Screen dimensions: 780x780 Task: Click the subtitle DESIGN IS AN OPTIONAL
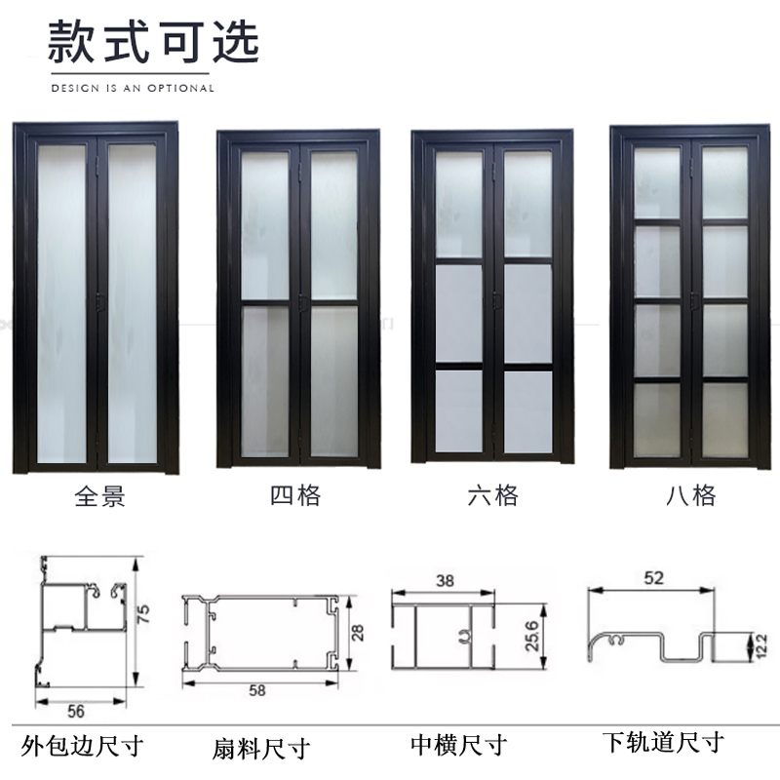132,88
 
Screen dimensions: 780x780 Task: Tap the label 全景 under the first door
100,497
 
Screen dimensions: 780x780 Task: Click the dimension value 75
143,614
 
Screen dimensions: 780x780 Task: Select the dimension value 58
257,690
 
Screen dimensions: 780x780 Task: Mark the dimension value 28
358,634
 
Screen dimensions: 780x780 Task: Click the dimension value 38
445,579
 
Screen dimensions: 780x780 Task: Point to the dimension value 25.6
531,638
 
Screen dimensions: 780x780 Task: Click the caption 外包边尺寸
82,748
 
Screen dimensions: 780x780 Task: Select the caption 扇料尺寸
260,749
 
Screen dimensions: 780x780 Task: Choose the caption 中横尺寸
458,747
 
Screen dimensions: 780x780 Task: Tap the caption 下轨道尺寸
662,743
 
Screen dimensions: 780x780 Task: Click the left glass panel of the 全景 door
62,302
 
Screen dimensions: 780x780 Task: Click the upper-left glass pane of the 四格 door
264,224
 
